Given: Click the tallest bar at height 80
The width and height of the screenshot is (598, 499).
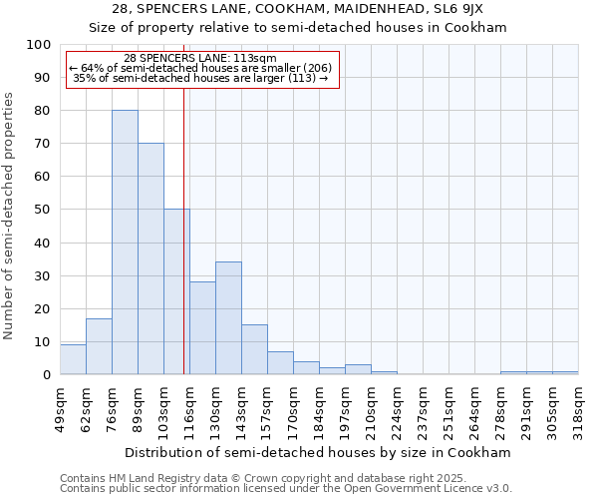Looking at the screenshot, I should (125, 243).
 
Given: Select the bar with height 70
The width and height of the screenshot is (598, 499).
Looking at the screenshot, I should (150, 259).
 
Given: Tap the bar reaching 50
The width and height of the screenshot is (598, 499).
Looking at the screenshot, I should (176, 291).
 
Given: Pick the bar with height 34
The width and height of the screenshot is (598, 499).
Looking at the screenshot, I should (228, 318).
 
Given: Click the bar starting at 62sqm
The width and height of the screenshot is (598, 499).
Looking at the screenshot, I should (99, 346).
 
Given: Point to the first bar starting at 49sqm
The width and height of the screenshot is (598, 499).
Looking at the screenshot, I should (73, 359).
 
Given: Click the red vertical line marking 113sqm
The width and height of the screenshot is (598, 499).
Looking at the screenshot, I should (184, 230).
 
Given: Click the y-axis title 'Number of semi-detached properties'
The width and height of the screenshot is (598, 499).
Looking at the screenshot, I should (9, 216).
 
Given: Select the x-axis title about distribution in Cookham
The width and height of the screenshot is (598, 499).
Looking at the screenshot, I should (318, 452).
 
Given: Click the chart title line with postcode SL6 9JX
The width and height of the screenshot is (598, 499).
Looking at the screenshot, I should (298, 9).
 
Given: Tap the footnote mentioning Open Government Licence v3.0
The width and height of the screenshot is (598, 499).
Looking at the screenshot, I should (285, 488).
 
